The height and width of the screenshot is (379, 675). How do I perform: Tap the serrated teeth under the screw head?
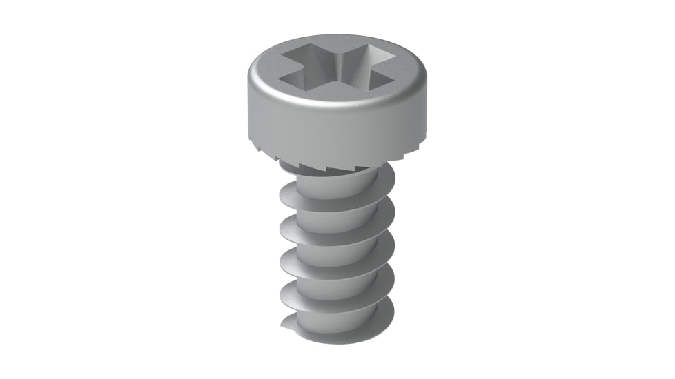pyautogui.click(x=324, y=166)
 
